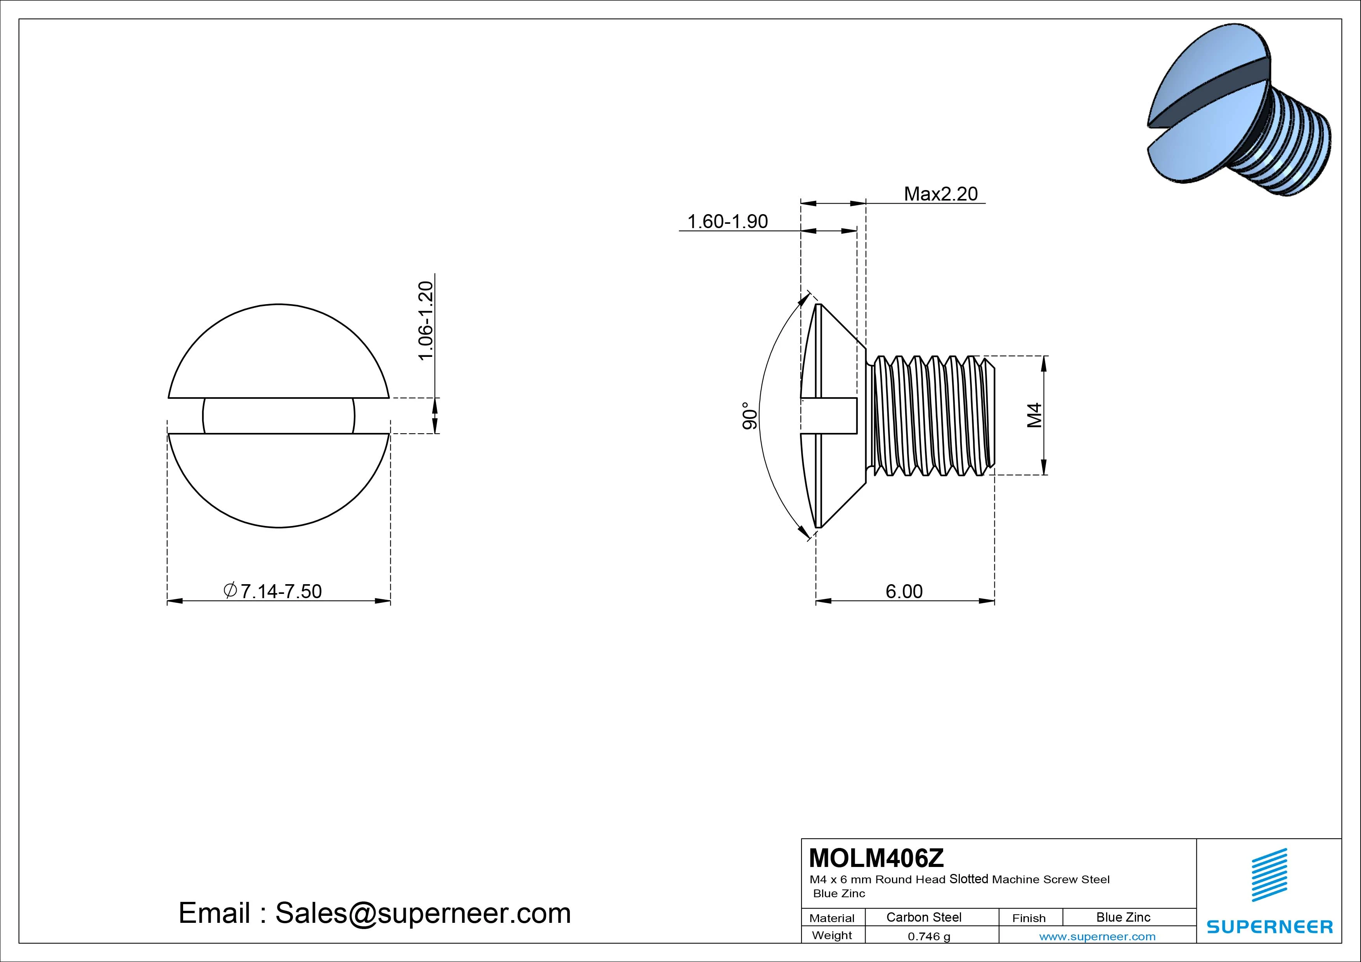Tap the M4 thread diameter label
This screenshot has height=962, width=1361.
pos(1034,415)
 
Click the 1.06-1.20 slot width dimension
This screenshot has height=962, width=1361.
pos(426,321)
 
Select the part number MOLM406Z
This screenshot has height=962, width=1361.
pos(876,858)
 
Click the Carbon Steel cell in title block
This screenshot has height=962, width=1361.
pos(923,917)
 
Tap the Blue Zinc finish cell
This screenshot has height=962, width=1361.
pos(1123,917)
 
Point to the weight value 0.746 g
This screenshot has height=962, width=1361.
pos(929,936)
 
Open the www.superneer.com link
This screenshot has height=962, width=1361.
pos(1097,936)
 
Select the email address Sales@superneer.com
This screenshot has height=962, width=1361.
pos(422,913)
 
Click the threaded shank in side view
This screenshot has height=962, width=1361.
pos(931,415)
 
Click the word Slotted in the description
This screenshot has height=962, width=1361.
pos(969,879)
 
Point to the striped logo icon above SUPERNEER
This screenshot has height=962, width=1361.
pos(1269,875)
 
